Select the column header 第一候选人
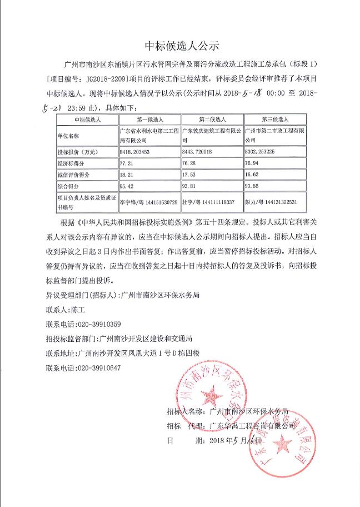pos(149,119)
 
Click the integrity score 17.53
pos(189,175)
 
